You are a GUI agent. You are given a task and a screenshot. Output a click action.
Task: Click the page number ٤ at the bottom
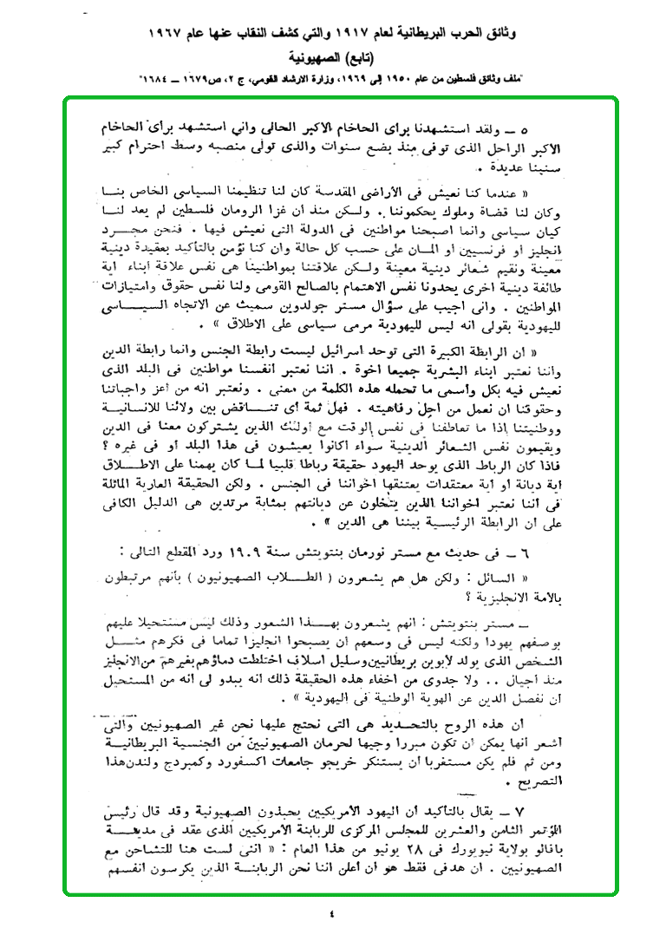pos(332,913)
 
